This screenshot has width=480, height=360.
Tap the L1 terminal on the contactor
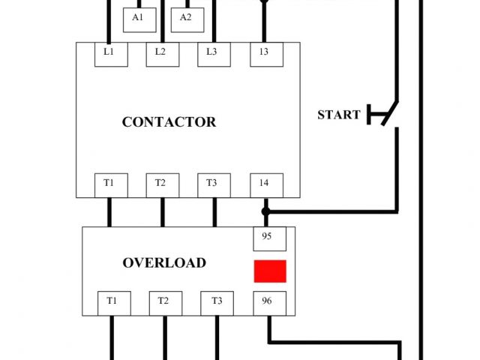(109, 53)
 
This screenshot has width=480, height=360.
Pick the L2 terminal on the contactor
(161, 53)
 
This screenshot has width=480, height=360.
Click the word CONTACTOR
(169, 122)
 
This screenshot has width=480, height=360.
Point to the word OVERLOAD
(164, 263)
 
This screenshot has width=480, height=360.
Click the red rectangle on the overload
(270, 271)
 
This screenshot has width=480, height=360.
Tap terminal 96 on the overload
(267, 302)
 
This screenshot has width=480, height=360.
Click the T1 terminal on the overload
(112, 302)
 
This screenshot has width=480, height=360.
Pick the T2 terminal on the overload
(164, 302)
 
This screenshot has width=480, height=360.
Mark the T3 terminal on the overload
(217, 302)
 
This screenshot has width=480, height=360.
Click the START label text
(339, 115)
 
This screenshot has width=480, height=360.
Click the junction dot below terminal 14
(265, 211)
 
